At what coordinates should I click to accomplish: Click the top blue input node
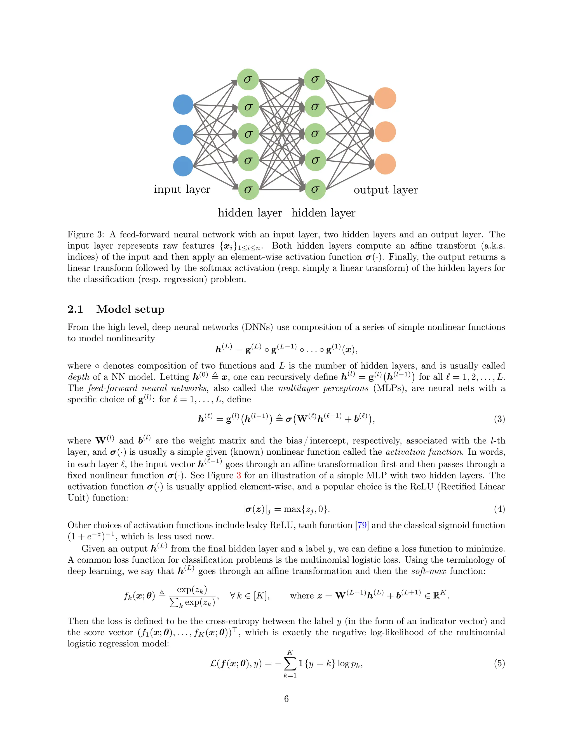pyautogui.click(x=183, y=105)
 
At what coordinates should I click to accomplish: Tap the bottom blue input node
pyautogui.click(x=183, y=166)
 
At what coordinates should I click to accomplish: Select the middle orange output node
pyautogui.click(x=385, y=132)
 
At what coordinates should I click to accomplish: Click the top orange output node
pyautogui.click(x=385, y=98)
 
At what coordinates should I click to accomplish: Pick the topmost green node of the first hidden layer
pyautogui.click(x=248, y=79)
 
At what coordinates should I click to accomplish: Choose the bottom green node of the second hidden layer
pyautogui.click(x=315, y=189)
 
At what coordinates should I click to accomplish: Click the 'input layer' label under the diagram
pyautogui.click(x=182, y=189)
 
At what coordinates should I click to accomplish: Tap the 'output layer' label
pyautogui.click(x=386, y=190)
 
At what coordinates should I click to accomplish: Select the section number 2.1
pyautogui.click(x=75, y=309)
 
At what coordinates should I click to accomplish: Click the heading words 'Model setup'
pyautogui.click(x=130, y=309)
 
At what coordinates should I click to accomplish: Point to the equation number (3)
pyautogui.click(x=499, y=419)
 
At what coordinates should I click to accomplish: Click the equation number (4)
pyautogui.click(x=499, y=509)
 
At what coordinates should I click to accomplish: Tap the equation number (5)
pyautogui.click(x=499, y=663)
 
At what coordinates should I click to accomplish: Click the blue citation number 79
pyautogui.click(x=362, y=525)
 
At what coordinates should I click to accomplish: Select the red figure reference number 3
pyautogui.click(x=239, y=475)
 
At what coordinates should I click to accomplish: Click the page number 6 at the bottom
pyautogui.click(x=286, y=698)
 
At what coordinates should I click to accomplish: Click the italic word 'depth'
pyautogui.click(x=78, y=377)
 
